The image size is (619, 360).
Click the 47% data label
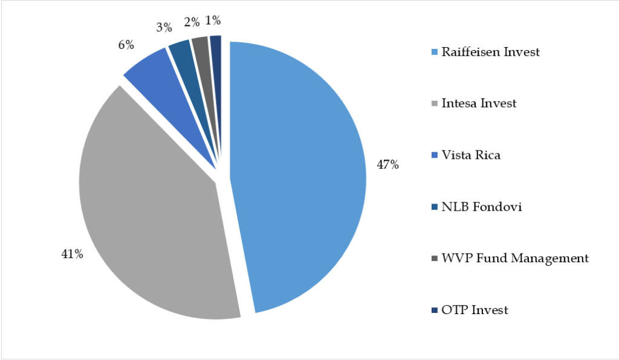pyautogui.click(x=388, y=164)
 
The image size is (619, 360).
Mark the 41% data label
pyautogui.click(x=71, y=254)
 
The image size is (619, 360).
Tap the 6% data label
pyautogui.click(x=126, y=45)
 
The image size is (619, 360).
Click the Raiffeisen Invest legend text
pyautogui.click(x=490, y=52)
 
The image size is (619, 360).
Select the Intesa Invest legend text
pyautogui.click(x=479, y=103)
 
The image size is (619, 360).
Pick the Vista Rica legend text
pyautogui.click(x=471, y=155)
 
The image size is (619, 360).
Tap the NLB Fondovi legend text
pyautogui.click(x=481, y=207)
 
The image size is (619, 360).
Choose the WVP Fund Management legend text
pyautogui.click(x=514, y=259)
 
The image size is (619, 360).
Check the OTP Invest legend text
pyautogui.click(x=475, y=310)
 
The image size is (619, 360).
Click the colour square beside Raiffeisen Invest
pyautogui.click(x=435, y=53)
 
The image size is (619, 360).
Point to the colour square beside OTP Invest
pyautogui.click(x=435, y=311)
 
